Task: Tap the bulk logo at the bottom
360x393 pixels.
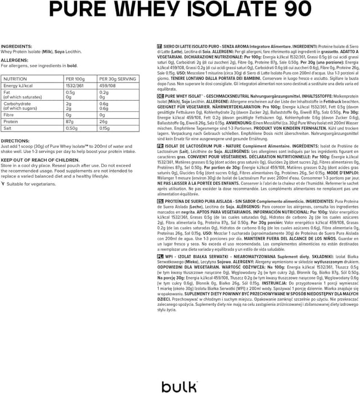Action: click(180, 386)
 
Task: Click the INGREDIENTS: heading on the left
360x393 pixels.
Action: click(16, 47)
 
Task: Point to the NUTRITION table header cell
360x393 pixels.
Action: click(15, 79)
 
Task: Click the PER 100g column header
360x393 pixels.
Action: click(75, 79)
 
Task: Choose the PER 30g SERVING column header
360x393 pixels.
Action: click(117, 79)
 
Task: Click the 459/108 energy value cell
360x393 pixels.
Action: click(107, 86)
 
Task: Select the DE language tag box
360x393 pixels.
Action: click(160, 96)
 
